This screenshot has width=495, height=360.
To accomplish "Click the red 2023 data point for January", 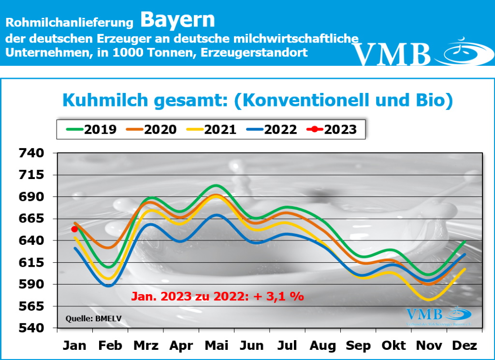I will tap(74, 229).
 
